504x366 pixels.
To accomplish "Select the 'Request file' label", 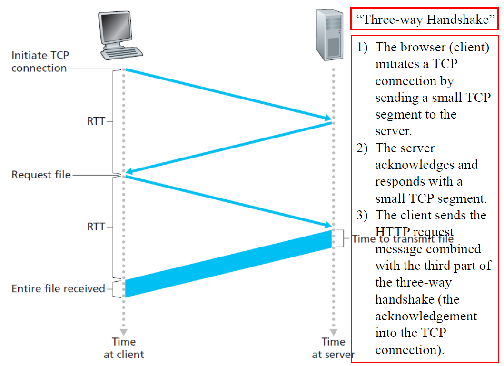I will (x=41, y=175).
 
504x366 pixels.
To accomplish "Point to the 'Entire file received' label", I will (x=58, y=288).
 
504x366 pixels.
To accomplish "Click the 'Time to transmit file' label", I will (x=403, y=238).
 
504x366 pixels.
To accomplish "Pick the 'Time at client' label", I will (x=124, y=348).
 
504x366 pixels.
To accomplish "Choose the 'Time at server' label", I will (x=333, y=348).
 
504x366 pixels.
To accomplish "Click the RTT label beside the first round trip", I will (x=96, y=121).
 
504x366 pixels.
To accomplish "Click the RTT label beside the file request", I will (x=96, y=227).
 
